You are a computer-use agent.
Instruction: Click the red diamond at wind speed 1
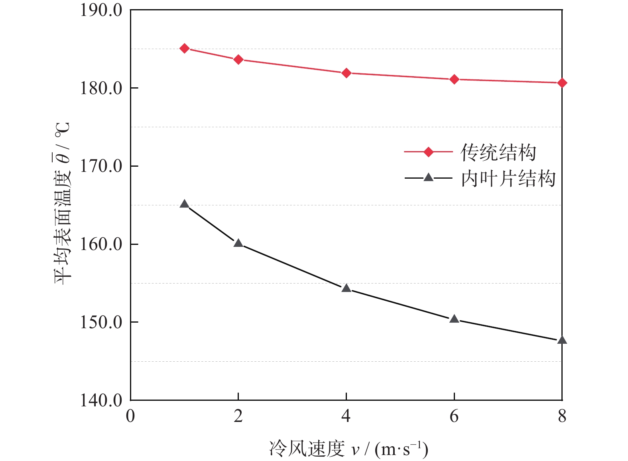click(184, 48)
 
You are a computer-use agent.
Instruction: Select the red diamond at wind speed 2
click(238, 60)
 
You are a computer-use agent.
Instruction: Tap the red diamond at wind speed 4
click(346, 73)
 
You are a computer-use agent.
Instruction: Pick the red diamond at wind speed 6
click(454, 79)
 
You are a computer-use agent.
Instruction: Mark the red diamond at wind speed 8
click(562, 83)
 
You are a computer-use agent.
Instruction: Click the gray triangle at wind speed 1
click(184, 205)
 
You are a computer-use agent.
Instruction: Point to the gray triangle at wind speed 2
click(238, 243)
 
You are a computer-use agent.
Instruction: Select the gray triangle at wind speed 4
click(346, 288)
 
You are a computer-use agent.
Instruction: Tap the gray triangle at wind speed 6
click(454, 319)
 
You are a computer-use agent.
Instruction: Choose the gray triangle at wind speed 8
click(562, 340)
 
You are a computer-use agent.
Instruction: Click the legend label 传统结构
click(498, 152)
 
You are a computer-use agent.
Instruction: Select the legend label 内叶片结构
click(508, 178)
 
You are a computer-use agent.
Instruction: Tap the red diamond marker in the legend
click(428, 152)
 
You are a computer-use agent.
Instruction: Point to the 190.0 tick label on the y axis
click(101, 10)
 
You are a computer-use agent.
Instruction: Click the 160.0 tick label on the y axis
click(101, 244)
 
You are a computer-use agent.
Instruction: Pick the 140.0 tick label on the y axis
click(101, 400)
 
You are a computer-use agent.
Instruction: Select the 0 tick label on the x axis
click(130, 416)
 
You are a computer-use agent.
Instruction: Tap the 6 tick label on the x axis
click(454, 416)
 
